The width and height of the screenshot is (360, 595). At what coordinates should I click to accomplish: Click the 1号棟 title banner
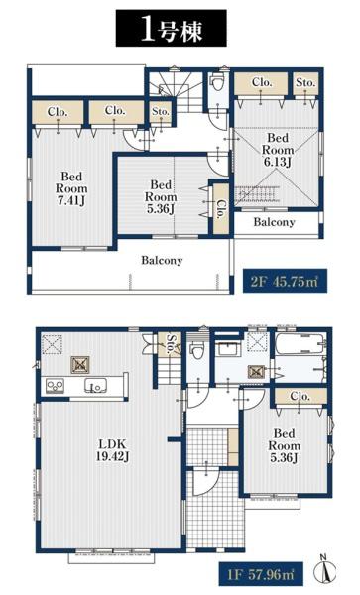click(x=172, y=29)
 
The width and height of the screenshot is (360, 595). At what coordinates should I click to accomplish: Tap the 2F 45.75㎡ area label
click(x=284, y=282)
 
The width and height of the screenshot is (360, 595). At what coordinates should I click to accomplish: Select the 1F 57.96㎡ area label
click(x=261, y=574)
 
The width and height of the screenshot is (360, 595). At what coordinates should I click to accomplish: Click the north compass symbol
click(x=325, y=570)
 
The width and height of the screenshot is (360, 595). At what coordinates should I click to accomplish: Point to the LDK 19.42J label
click(x=112, y=449)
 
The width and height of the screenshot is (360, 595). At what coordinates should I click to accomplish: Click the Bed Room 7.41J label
click(x=71, y=188)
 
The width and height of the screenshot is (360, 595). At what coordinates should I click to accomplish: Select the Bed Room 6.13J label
click(x=278, y=150)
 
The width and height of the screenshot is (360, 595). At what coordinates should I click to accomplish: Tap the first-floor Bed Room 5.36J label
click(x=284, y=445)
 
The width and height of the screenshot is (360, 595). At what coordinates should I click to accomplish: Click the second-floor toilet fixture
click(x=217, y=82)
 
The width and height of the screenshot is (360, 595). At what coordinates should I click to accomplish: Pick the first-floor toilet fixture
click(x=197, y=350)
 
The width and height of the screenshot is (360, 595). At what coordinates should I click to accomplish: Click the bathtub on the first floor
click(x=299, y=344)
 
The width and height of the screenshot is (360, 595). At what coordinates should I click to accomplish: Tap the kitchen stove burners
click(x=55, y=386)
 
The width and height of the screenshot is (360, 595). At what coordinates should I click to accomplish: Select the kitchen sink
click(x=95, y=386)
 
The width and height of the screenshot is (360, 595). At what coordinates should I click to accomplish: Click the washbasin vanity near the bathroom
click(x=228, y=348)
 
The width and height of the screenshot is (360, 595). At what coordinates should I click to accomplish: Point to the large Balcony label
click(x=162, y=260)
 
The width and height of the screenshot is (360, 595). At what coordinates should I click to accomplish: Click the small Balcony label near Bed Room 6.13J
click(x=274, y=222)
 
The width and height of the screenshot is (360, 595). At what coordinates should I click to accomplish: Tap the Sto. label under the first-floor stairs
click(x=172, y=344)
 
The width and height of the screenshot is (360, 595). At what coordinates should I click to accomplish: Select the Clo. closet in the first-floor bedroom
click(x=300, y=396)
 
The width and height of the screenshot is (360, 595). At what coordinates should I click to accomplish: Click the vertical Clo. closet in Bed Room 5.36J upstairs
click(x=220, y=208)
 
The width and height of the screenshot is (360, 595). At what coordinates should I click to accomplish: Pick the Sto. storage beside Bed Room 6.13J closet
click(x=305, y=82)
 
